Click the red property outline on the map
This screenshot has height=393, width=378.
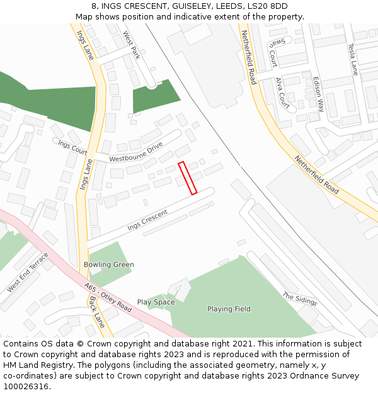[188, 178]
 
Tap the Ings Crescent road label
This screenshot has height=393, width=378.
[147, 220]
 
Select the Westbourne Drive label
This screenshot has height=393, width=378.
[136, 154]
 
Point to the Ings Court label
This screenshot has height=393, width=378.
[72, 147]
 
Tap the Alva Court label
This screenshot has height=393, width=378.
[283, 93]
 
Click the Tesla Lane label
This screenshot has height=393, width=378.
[353, 59]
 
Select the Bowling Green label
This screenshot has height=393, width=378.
[109, 265]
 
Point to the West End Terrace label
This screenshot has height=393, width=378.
[28, 273]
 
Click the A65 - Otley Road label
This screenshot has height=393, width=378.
[108, 298]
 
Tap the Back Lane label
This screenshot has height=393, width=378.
[96, 313]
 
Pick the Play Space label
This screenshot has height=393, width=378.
[156, 302]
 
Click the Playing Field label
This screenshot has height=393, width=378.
[229, 309]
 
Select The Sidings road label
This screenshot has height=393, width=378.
[299, 298]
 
